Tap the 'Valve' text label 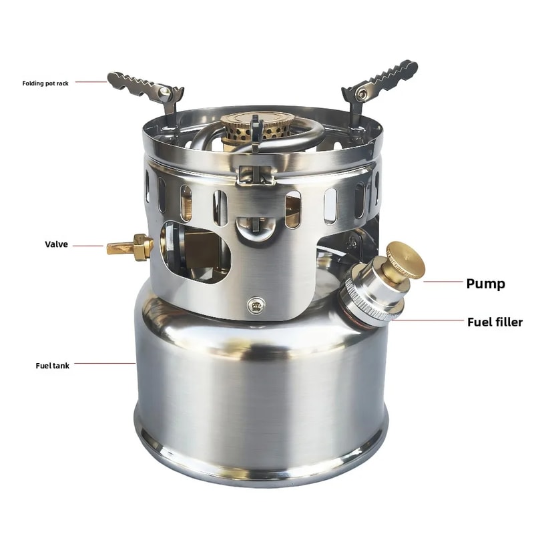(x=57, y=245)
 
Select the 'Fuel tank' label (x=52, y=366)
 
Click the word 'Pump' (x=485, y=284)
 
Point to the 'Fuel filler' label (x=494, y=322)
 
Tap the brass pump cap (x=405, y=260)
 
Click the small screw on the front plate (x=254, y=306)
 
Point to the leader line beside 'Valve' (x=88, y=246)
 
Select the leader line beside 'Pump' (x=443, y=282)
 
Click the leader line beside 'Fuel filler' (x=427, y=320)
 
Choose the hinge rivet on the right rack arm (x=361, y=93)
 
